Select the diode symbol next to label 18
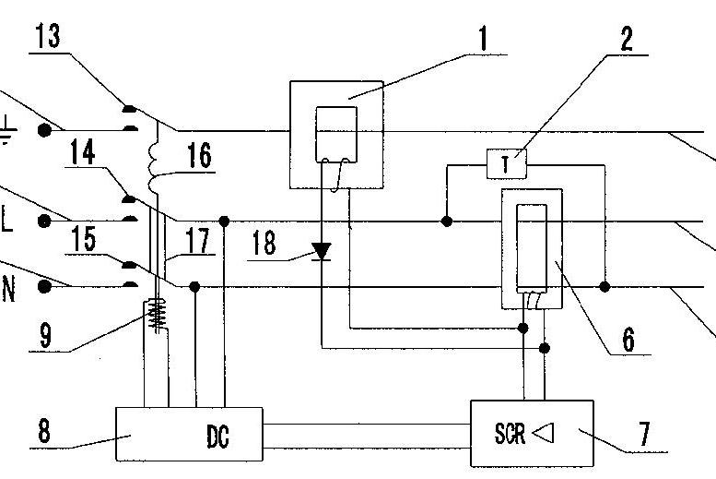tap(322, 251)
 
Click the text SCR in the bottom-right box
tap(511, 433)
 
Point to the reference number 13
tap(50, 38)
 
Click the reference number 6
tap(628, 340)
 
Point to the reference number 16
tap(199, 155)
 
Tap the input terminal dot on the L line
tap(43, 221)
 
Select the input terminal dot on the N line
tap(43, 286)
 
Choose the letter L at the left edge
tap(7, 221)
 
